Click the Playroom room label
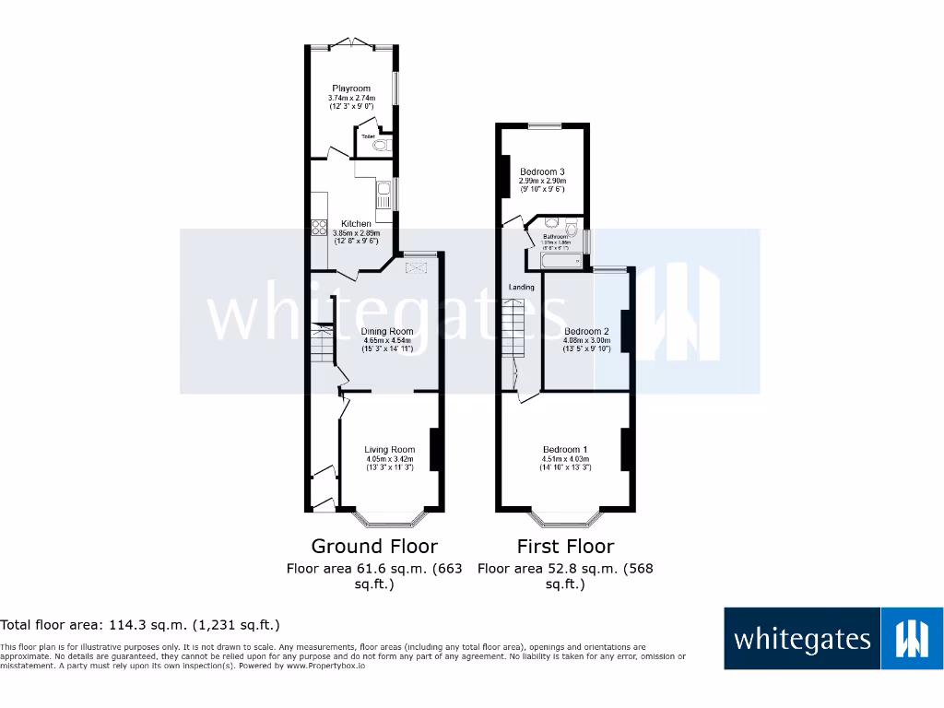(x=351, y=88)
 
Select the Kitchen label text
(x=357, y=224)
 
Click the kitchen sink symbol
(x=383, y=195)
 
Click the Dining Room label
(x=387, y=331)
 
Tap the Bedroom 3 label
(x=542, y=172)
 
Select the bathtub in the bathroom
(x=559, y=263)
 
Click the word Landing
(x=522, y=288)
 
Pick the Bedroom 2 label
(x=586, y=332)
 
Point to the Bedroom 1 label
(x=565, y=450)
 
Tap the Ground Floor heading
(x=374, y=546)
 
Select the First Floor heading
(x=565, y=546)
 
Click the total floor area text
(x=140, y=625)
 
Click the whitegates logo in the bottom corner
(x=833, y=638)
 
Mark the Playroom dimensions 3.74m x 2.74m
(x=351, y=98)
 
